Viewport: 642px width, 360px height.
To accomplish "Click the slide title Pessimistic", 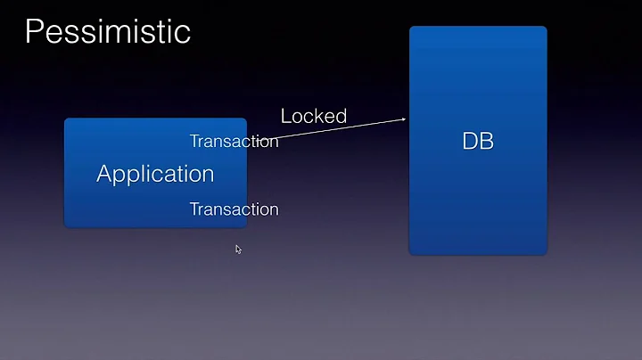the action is (x=107, y=31).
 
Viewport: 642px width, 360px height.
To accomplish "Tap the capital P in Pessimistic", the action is (x=34, y=31).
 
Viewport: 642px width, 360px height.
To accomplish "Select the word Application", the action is (x=155, y=174).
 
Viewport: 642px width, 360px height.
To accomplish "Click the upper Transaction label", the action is (x=234, y=141).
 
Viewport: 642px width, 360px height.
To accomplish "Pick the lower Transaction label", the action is (x=234, y=209).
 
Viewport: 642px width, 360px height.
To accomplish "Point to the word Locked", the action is (x=314, y=116).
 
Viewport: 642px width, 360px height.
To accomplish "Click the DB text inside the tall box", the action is (x=478, y=141).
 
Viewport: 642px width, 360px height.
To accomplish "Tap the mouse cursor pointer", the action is (x=238, y=249).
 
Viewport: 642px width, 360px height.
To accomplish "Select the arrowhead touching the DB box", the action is (x=404, y=118).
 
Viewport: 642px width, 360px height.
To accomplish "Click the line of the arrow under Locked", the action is (x=339, y=129).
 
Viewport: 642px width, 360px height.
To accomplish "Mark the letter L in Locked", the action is (x=286, y=116).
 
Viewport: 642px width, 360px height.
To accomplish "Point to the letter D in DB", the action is (x=470, y=141).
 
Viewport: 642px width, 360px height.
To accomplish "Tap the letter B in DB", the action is (x=487, y=141).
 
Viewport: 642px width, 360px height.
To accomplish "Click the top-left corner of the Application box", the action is (x=66, y=119).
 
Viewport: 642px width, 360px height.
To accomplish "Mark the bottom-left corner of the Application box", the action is (x=66, y=225).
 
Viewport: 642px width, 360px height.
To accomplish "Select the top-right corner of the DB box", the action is (x=545, y=29).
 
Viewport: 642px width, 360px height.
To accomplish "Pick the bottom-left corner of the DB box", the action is (x=411, y=252).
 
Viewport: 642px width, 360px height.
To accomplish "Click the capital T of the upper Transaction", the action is (x=194, y=141).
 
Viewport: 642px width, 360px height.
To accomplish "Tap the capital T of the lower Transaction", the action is (x=194, y=209).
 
